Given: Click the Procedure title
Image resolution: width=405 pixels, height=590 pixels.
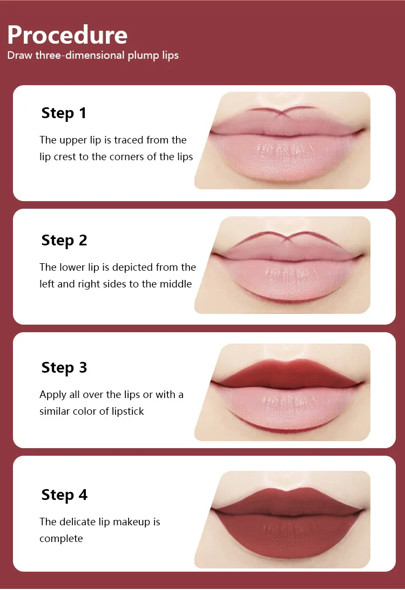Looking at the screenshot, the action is point(67,35).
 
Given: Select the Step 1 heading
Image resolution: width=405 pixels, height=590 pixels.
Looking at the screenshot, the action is point(64,113).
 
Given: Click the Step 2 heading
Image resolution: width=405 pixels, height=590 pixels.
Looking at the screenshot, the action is point(64,241).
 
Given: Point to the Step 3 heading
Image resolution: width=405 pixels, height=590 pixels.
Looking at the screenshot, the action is point(64,368).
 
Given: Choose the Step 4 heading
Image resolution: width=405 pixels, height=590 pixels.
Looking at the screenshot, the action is point(64,495).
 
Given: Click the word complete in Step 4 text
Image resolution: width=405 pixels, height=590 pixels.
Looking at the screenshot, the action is point(61,539).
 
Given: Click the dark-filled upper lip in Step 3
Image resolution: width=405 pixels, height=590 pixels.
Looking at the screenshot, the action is point(287,374).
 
